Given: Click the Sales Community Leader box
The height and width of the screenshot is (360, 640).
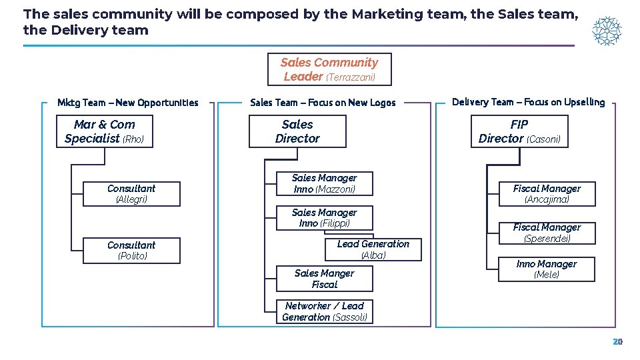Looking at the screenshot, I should pyautogui.click(x=329, y=69).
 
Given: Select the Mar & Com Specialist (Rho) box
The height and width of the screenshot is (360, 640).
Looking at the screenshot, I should pyautogui.click(x=105, y=131).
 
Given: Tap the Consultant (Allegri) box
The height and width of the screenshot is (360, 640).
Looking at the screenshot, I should pyautogui.click(x=131, y=194).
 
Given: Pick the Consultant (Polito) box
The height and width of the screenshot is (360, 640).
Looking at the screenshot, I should pyautogui.click(x=131, y=251).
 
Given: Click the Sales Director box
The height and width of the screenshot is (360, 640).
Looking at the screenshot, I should pyautogui.click(x=297, y=131).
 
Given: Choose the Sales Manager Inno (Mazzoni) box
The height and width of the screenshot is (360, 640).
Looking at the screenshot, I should pyautogui.click(x=325, y=183).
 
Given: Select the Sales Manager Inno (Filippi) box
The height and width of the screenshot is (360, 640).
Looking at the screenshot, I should pyautogui.click(x=325, y=218).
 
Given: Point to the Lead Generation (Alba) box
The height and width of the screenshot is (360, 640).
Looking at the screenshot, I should pyautogui.click(x=373, y=249).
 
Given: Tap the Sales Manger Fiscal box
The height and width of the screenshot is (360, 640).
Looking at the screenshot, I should pyautogui.click(x=325, y=279).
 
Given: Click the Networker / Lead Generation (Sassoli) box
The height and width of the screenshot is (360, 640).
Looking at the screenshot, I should pyautogui.click(x=325, y=311).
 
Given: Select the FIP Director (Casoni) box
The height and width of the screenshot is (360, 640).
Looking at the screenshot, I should pyautogui.click(x=519, y=131).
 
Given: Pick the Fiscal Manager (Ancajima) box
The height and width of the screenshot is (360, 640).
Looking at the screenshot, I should pyautogui.click(x=547, y=194).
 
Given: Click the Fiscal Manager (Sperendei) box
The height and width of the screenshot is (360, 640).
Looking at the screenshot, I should pyautogui.click(x=547, y=233).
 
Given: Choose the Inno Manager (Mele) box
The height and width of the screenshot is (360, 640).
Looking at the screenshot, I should pyautogui.click(x=547, y=269).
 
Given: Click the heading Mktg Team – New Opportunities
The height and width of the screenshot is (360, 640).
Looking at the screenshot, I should pyautogui.click(x=128, y=103).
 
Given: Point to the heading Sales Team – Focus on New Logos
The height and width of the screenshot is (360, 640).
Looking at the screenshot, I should pyautogui.click(x=323, y=103).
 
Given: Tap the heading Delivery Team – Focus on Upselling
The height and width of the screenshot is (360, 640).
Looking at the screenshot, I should pyautogui.click(x=528, y=102).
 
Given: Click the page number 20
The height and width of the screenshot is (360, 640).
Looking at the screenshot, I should pyautogui.click(x=617, y=341).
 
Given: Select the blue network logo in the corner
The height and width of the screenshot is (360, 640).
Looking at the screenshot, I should pyautogui.click(x=607, y=31).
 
